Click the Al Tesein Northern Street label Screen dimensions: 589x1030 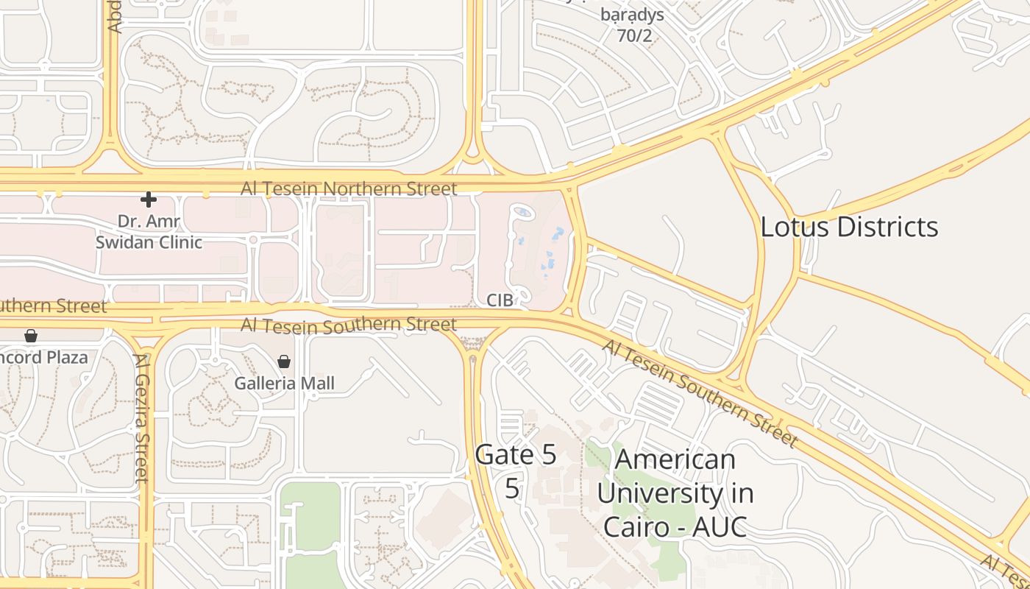(x=349, y=188)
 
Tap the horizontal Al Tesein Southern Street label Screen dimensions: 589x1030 (x=349, y=324)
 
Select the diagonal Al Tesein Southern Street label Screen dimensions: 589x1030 (x=700, y=394)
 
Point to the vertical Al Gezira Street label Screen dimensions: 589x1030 (x=142, y=417)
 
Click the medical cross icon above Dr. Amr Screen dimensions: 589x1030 (x=149, y=200)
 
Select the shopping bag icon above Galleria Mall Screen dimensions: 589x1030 (x=284, y=361)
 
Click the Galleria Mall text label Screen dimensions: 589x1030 (x=284, y=383)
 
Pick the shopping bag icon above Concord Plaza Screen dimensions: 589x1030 (x=31, y=336)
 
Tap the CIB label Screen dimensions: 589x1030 (x=500, y=300)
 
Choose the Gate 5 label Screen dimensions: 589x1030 (x=516, y=455)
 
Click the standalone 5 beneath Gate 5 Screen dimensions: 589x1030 (x=513, y=488)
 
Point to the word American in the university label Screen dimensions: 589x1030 (x=675, y=459)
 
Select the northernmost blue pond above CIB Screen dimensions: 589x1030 (x=522, y=212)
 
